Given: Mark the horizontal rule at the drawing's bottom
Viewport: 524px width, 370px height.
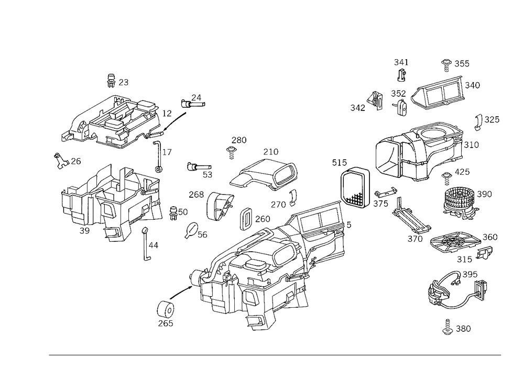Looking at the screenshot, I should (275, 354).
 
